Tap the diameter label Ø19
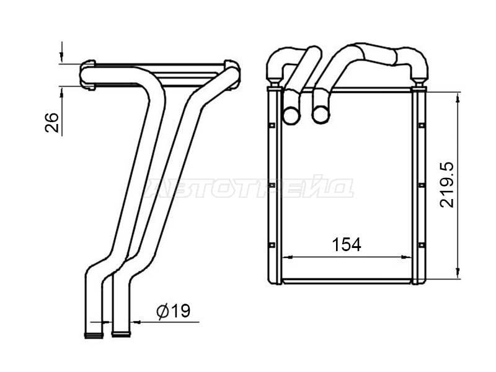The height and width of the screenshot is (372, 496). click(x=174, y=311)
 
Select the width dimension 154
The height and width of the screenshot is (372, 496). click(x=347, y=245)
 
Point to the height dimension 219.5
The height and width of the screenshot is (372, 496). click(x=447, y=185)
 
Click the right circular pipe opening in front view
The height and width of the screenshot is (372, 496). click(x=321, y=115)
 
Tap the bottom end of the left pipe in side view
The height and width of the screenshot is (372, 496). click(x=94, y=335)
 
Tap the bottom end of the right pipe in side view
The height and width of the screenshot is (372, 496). click(x=121, y=334)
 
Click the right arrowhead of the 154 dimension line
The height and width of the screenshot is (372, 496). click(x=407, y=257)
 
